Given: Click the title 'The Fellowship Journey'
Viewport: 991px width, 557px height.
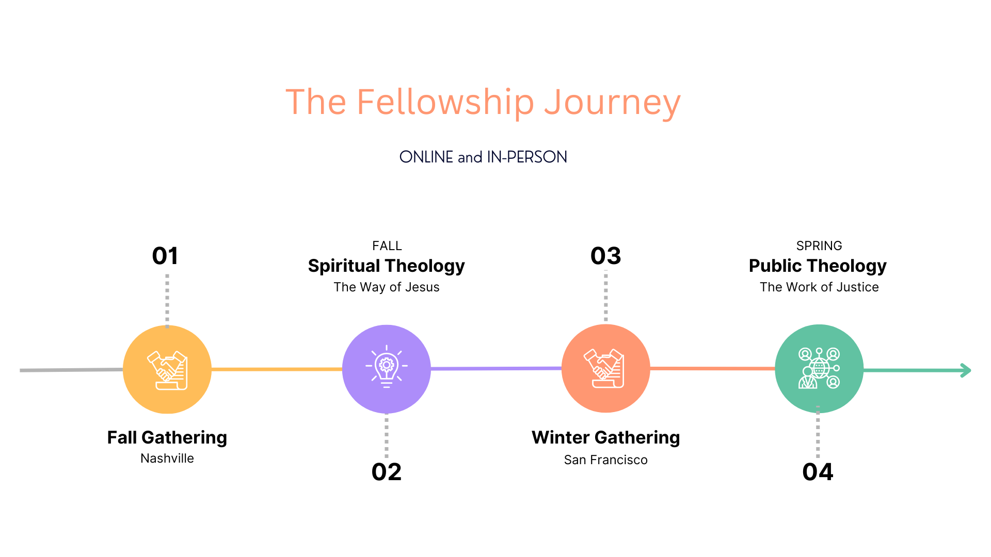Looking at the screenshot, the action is click(x=483, y=102).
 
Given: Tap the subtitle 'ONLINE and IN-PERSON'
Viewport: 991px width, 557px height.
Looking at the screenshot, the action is click(x=483, y=157).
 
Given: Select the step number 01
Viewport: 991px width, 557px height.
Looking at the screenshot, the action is click(x=165, y=256).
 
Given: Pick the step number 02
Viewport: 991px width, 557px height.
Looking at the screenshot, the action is click(x=387, y=472).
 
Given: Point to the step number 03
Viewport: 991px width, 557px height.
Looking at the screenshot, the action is click(x=606, y=256).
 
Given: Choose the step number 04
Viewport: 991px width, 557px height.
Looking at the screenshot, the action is click(x=818, y=472).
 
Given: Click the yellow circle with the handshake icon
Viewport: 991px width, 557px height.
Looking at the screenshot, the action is click(x=167, y=369).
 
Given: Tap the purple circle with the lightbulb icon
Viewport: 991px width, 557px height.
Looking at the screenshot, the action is click(x=387, y=369).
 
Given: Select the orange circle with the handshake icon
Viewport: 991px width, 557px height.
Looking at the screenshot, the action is click(x=606, y=368).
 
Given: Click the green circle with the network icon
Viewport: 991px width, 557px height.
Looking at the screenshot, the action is click(x=819, y=368).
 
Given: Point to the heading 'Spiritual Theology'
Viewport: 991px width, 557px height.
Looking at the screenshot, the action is click(x=387, y=266).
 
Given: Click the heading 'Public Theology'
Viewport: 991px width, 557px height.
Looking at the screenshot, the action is click(x=818, y=266).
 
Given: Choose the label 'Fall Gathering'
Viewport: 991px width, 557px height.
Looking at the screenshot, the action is click(x=167, y=437).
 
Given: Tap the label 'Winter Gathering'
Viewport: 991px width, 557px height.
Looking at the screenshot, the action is click(x=606, y=437).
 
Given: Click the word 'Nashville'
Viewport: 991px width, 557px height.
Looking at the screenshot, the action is click(x=167, y=458).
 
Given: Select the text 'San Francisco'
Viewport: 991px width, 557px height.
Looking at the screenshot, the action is click(x=606, y=460).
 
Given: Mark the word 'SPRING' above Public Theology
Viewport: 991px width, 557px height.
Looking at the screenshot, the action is click(x=819, y=246).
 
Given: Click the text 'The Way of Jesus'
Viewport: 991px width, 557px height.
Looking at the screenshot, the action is click(x=387, y=287).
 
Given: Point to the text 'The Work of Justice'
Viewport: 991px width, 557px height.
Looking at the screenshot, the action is click(x=819, y=287).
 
